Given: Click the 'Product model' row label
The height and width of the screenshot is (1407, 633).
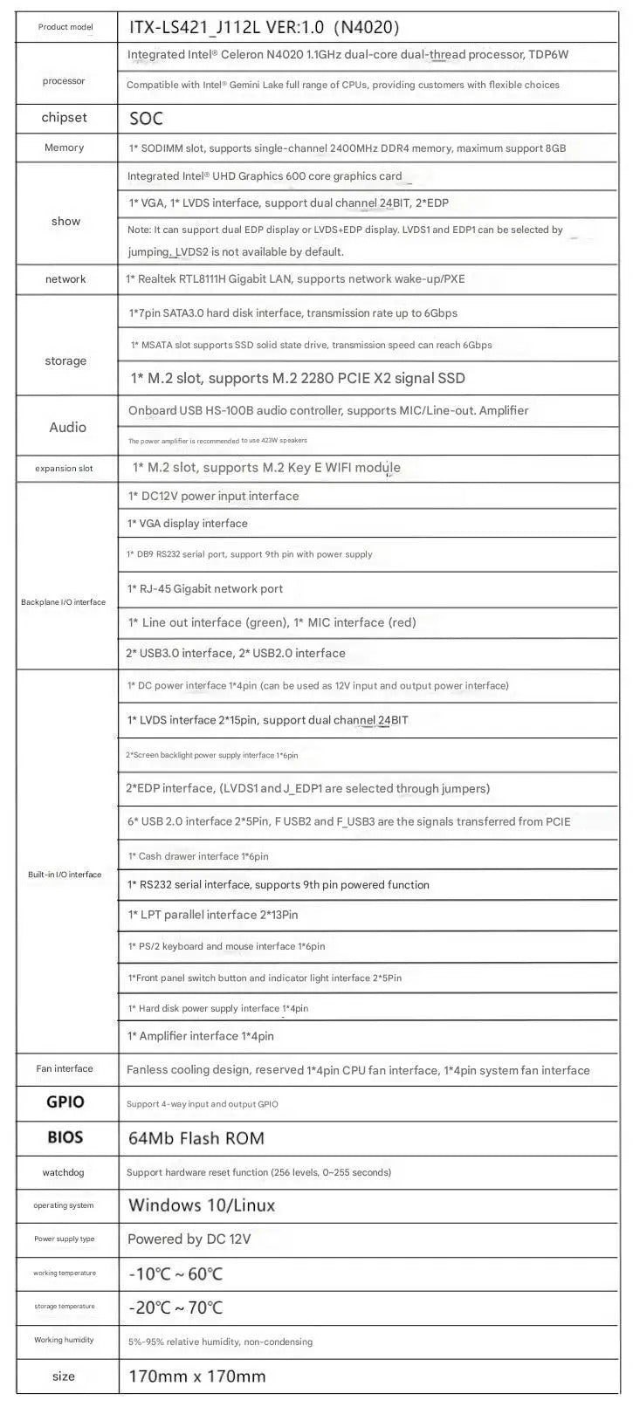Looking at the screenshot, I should (65, 27).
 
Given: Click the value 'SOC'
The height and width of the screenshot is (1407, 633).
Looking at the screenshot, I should (146, 119).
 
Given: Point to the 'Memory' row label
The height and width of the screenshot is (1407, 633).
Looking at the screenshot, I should (64, 148).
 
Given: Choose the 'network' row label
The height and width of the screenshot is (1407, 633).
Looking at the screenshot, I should (65, 279).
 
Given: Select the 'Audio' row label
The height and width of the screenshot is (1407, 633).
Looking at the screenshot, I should (67, 427).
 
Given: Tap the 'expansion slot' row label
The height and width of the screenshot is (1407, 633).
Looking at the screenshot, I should (64, 469).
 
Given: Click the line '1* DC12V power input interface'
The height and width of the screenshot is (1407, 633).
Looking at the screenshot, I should (213, 496).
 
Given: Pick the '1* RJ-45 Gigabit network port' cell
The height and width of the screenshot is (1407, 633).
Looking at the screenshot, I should (205, 589).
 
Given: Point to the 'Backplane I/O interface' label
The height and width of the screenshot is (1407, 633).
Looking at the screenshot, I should (63, 602).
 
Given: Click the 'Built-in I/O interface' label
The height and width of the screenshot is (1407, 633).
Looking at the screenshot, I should (65, 875).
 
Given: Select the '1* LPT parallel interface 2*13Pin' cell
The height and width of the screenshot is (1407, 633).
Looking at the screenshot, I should (213, 915).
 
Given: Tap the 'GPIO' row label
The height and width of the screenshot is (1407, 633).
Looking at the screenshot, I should (65, 1102).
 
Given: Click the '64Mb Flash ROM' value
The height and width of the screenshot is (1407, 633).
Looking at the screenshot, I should (196, 1138).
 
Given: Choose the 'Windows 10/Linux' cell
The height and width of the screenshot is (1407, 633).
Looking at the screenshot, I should (202, 1205).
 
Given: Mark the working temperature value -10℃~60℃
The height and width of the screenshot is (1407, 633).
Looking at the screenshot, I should (175, 1273).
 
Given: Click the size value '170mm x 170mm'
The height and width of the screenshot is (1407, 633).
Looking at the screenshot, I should (196, 1376).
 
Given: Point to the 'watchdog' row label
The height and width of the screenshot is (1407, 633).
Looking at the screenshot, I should (64, 1172).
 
